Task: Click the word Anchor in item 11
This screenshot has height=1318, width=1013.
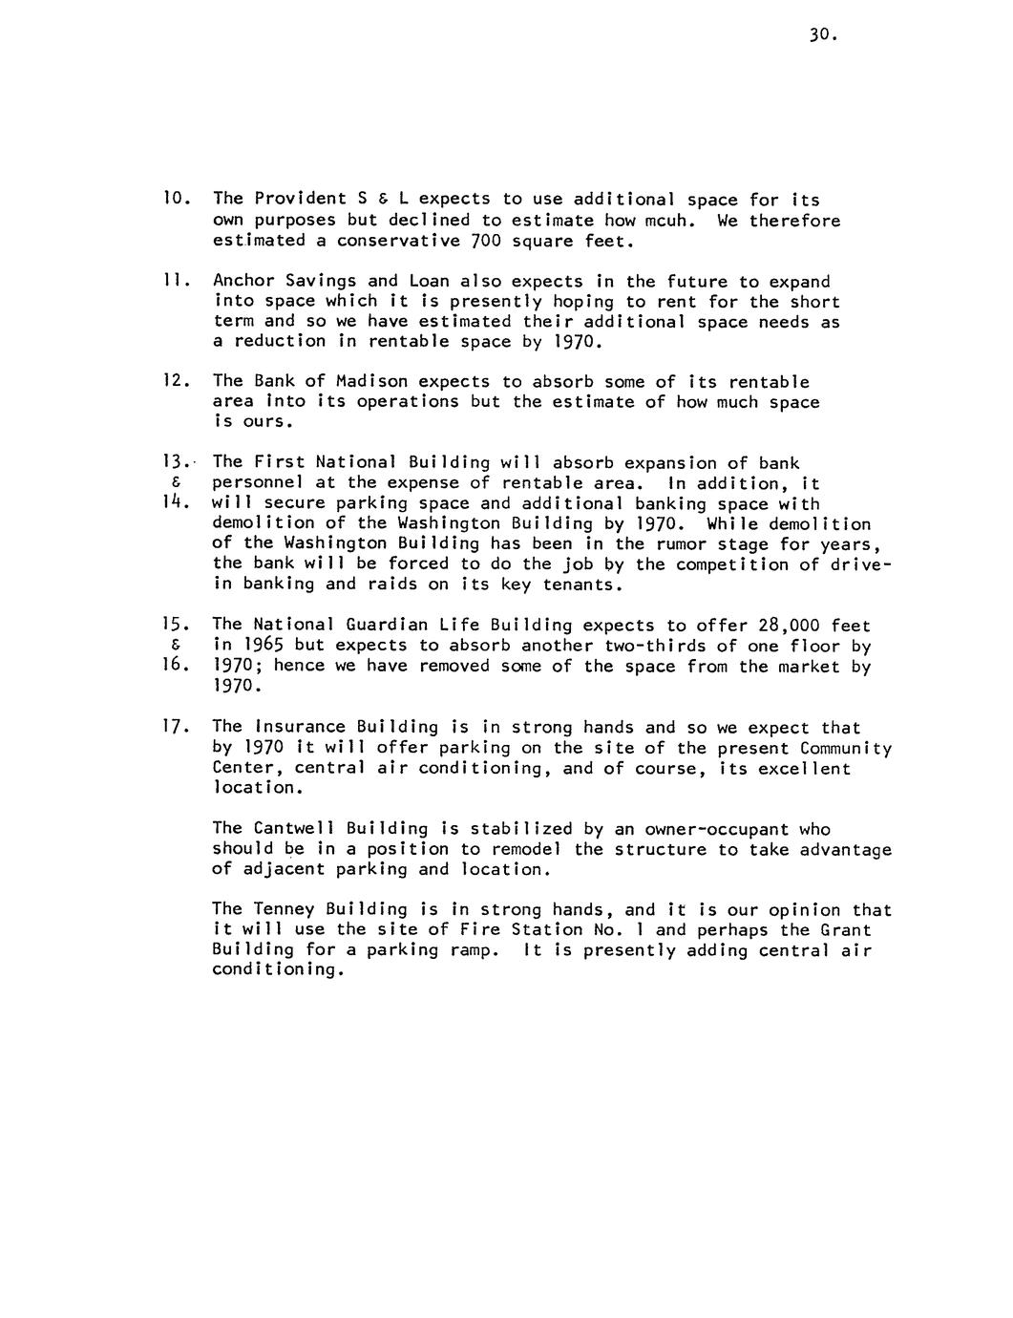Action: point(243,281)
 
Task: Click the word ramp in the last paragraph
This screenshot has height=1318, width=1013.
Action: point(474,949)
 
